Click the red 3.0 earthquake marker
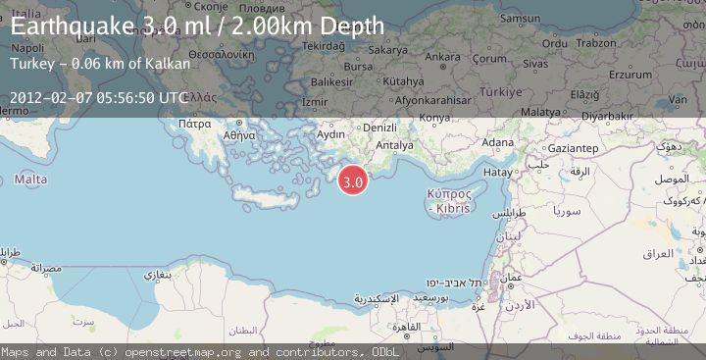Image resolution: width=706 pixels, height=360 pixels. click(x=353, y=180)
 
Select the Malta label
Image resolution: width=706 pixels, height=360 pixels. click(x=30, y=180)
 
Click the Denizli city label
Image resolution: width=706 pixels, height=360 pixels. click(x=379, y=128)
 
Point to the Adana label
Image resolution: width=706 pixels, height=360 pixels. click(x=498, y=143)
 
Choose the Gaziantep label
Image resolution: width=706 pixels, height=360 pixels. click(x=574, y=147)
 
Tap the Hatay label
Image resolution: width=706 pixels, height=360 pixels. click(x=498, y=172)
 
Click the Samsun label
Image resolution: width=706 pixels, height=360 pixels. click(x=519, y=18)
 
